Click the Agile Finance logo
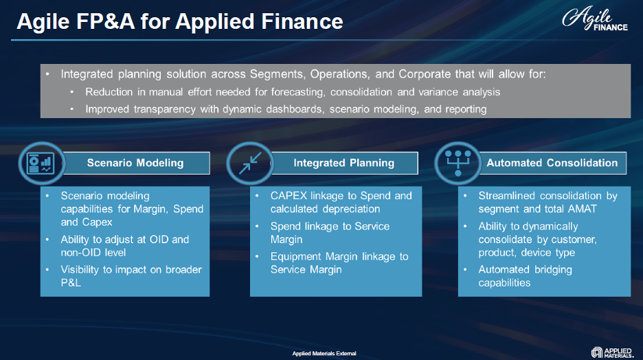coord(595,19)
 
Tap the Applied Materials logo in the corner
coord(612,352)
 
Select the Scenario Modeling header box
coord(135,164)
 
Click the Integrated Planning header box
coord(343,164)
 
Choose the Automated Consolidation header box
coord(552,164)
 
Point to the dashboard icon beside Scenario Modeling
coord(41,164)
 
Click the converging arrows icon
coord(250,164)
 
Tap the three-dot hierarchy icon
coord(458,164)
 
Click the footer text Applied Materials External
coord(324,353)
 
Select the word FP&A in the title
coord(105,21)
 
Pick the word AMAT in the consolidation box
coord(582,209)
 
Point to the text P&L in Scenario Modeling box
coord(71,283)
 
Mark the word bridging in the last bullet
coord(550,270)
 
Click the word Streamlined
coord(507,196)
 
